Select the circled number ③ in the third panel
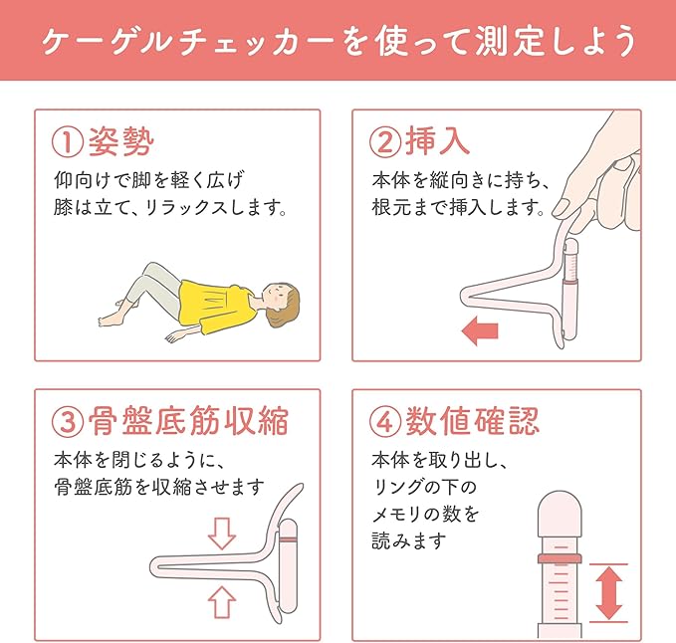[67, 422]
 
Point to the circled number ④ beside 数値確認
[385, 422]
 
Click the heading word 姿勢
[121, 142]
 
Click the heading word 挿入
[438, 141]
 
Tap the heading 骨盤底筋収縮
[188, 421]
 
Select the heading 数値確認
[473, 421]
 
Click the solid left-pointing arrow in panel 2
[480, 331]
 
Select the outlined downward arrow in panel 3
[222, 534]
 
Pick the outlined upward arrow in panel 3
[222, 602]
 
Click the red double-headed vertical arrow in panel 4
[608, 593]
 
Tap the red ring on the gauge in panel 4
[560, 558]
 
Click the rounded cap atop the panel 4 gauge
[560, 510]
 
